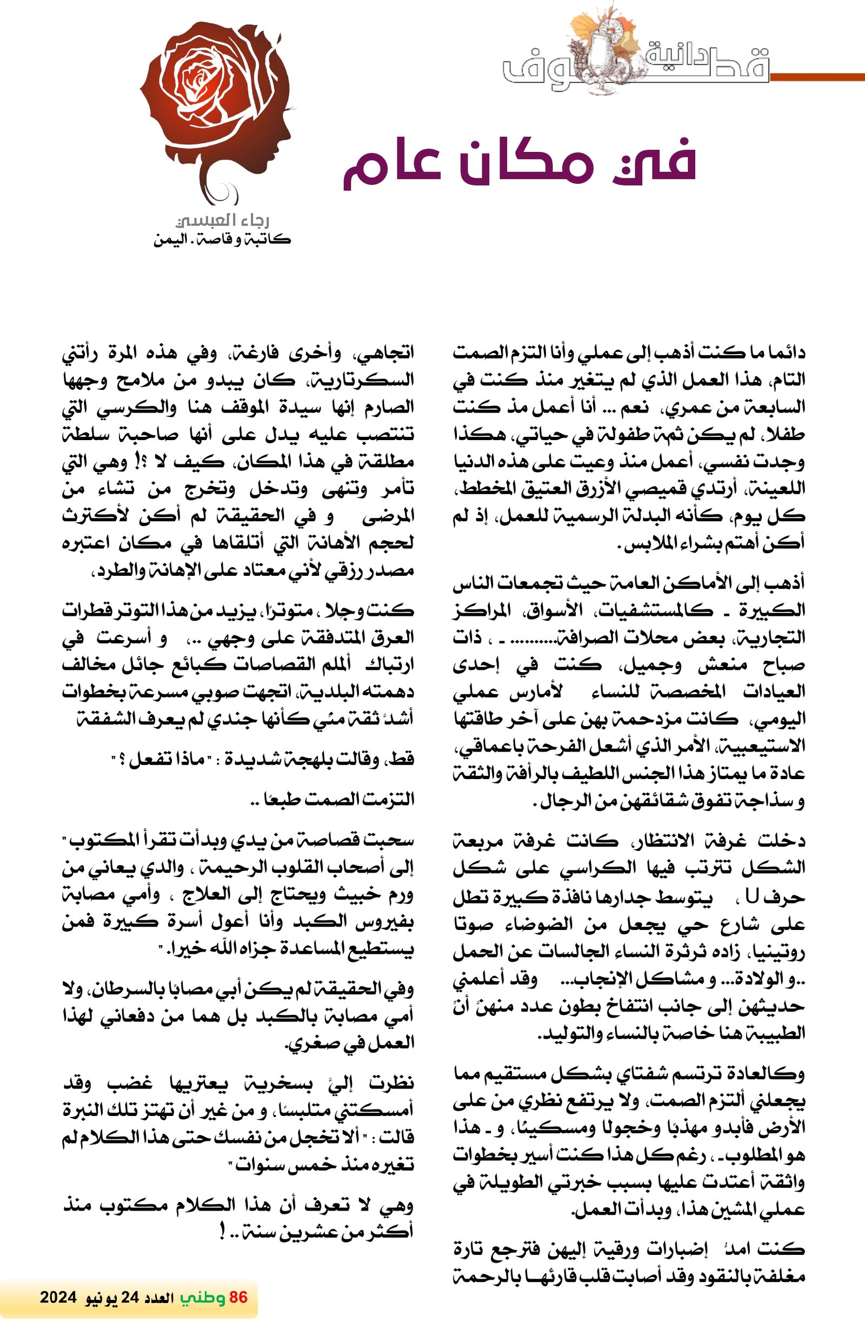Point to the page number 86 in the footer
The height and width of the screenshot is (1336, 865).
coord(238,1297)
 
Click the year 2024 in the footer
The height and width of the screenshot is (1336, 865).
coord(57,1297)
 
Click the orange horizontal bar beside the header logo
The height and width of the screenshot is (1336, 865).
coord(817,77)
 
